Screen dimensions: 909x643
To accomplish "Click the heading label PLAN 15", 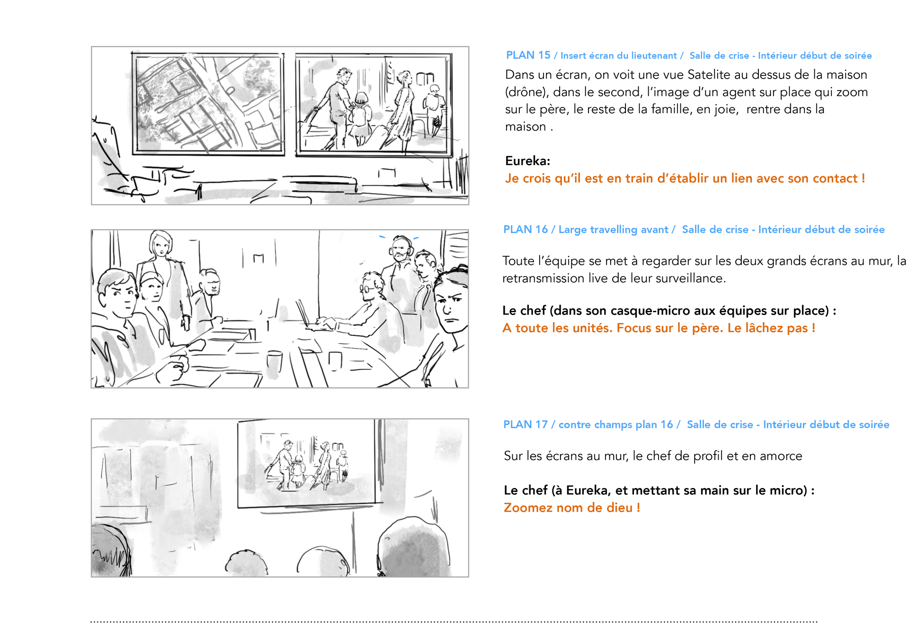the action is pyautogui.click(x=528, y=55).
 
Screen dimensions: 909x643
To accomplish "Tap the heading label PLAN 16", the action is pyautogui.click(x=526, y=230).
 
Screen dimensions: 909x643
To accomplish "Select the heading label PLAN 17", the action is pyautogui.click(x=526, y=425).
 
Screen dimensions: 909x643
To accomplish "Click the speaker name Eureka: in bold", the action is pyautogui.click(x=527, y=161).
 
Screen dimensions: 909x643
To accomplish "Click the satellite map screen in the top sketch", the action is pyautogui.click(x=208, y=104).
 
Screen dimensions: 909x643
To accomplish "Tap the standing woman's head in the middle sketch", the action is pyautogui.click(x=160, y=244).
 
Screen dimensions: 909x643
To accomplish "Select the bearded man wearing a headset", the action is pyautogui.click(x=401, y=265).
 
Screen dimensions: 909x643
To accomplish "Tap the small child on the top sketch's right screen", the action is pyautogui.click(x=360, y=116).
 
